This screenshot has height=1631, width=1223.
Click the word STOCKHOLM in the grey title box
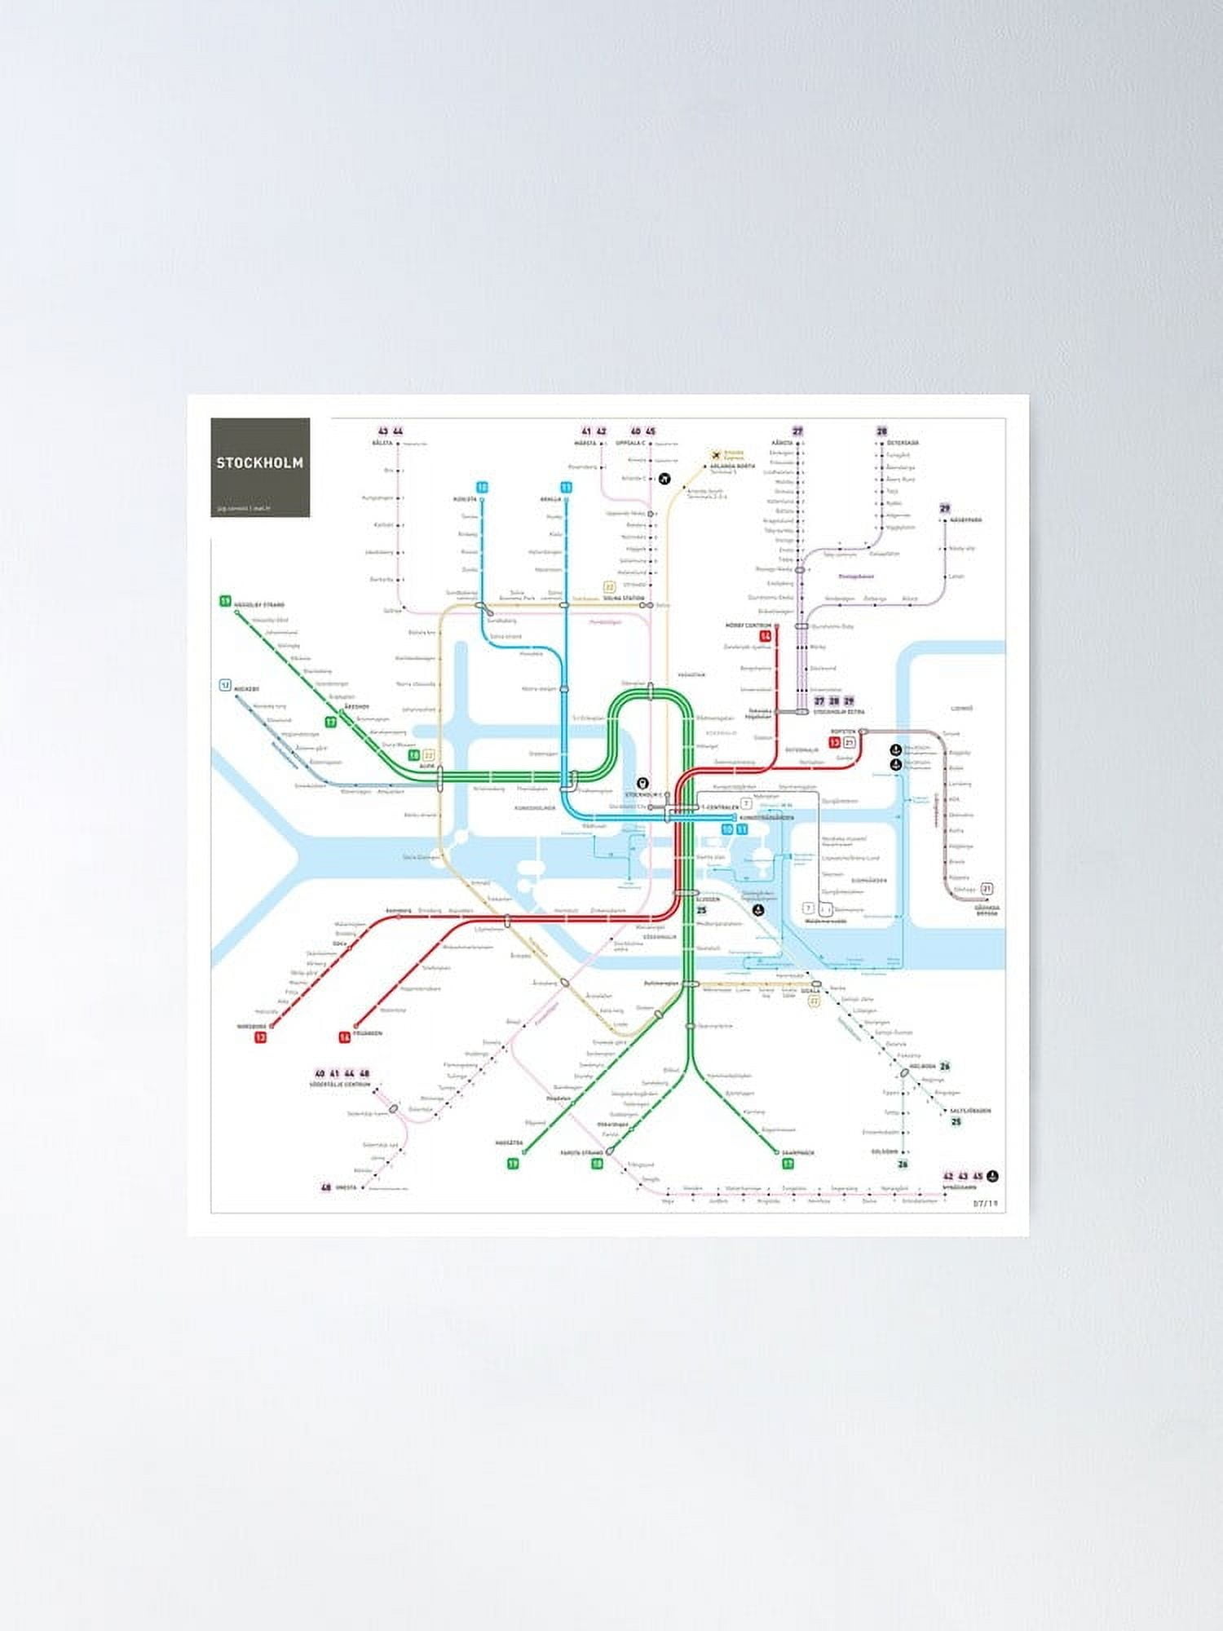coord(259,462)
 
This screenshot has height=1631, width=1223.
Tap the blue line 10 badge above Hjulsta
coord(483,488)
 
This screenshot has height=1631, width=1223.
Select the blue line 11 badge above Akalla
coord(566,488)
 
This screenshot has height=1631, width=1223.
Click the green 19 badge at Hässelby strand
coord(225,602)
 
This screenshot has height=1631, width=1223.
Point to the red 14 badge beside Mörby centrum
coord(765,636)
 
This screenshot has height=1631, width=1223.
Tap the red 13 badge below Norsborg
coord(261,1037)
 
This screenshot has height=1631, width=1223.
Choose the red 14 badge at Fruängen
coord(345,1037)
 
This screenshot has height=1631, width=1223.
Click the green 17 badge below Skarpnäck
coord(788,1164)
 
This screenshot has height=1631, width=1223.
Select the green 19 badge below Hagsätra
coord(513,1164)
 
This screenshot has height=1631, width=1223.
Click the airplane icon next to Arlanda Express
coord(717,455)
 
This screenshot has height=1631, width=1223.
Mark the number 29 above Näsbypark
coord(945,509)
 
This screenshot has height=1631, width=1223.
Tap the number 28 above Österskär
coord(881,431)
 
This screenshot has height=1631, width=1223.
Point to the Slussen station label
coord(707,899)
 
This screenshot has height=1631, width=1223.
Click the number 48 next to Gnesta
coord(326,1187)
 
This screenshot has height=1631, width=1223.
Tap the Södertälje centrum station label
coord(340,1085)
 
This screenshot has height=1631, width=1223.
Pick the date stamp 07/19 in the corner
coord(986,1203)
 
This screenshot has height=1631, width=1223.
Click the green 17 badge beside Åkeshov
coord(331,722)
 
